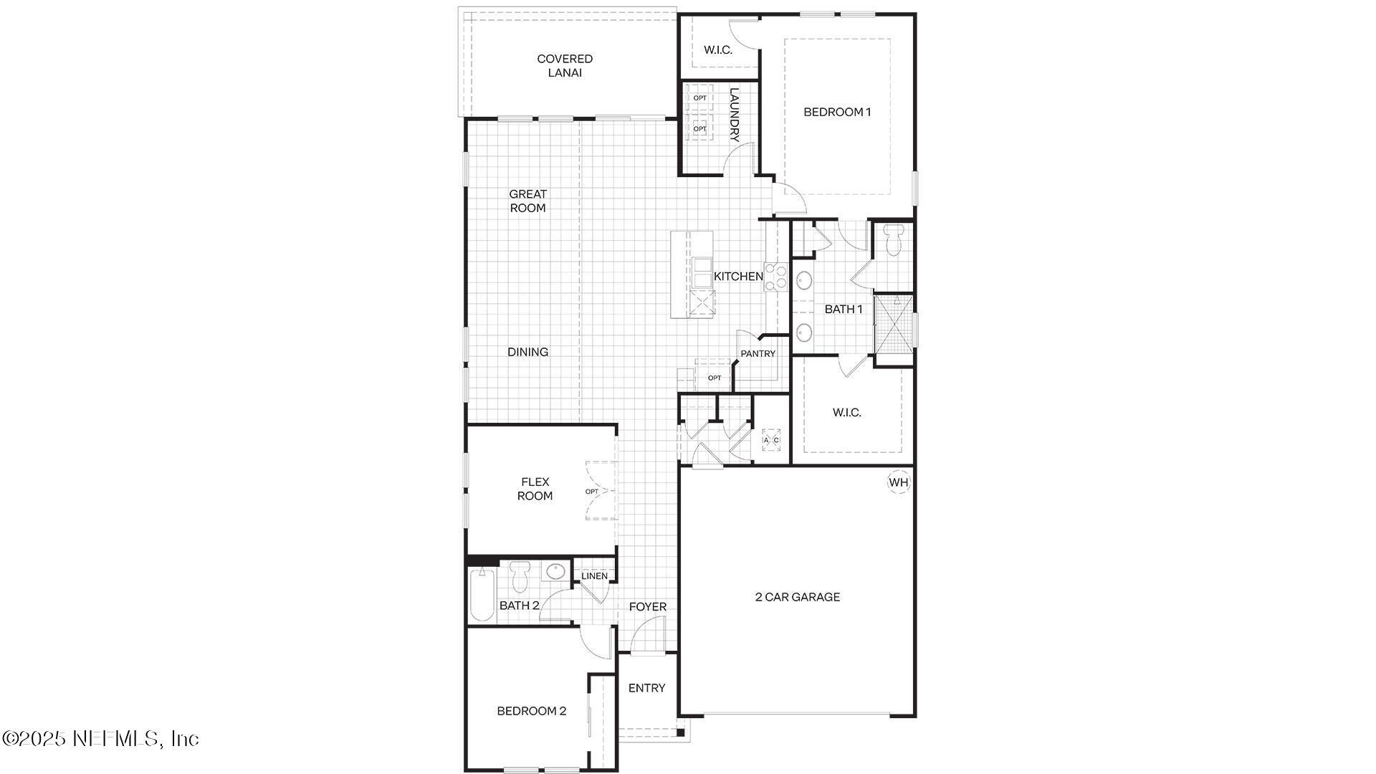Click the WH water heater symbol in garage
click(899, 482)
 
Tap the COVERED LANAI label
click(565, 66)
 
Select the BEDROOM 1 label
click(837, 112)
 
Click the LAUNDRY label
click(734, 115)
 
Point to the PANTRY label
click(758, 353)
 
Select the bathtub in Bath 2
click(483, 594)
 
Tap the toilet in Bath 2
click(520, 576)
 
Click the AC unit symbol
click(771, 439)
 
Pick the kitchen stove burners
click(775, 277)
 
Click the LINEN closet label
click(594, 575)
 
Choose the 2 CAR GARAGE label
click(797, 597)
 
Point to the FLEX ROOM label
click(535, 489)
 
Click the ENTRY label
click(646, 688)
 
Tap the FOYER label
click(647, 607)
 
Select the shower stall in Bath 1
click(894, 323)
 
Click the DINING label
click(527, 352)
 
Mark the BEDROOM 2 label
click(531, 711)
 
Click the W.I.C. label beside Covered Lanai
click(717, 50)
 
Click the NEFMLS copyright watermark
click(100, 738)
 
